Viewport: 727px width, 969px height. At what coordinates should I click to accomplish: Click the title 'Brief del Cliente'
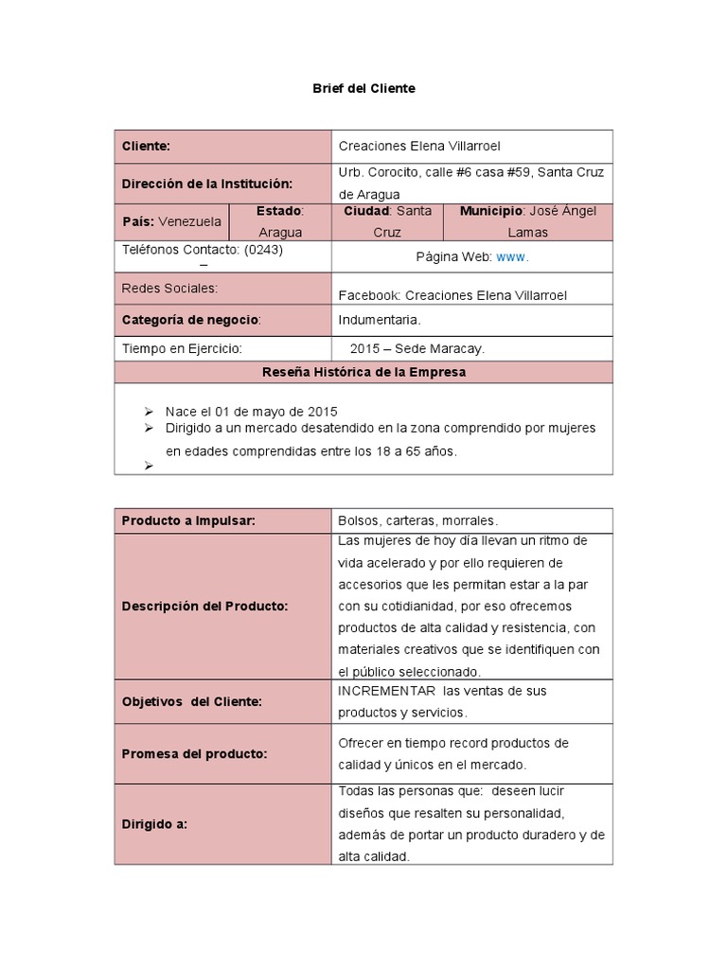[363, 88]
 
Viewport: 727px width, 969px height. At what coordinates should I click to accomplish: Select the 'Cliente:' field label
[147, 147]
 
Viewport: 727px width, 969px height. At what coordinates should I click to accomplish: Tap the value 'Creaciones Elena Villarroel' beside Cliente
[419, 147]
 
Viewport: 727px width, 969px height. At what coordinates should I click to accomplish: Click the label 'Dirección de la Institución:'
[207, 184]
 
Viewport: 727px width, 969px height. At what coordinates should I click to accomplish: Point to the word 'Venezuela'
[190, 221]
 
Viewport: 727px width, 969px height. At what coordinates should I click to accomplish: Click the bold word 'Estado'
[278, 211]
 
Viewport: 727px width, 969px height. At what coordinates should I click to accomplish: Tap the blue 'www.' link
[512, 256]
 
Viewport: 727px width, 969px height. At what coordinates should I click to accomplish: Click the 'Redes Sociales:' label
[170, 288]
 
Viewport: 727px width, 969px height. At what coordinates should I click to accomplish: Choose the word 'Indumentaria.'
[380, 320]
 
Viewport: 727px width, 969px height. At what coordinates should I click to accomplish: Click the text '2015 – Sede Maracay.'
[417, 348]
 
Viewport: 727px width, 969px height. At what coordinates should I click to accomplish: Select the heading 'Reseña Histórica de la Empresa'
[363, 372]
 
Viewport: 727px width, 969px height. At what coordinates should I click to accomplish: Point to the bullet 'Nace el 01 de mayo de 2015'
[251, 412]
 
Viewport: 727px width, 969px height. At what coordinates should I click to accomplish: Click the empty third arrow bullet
[149, 465]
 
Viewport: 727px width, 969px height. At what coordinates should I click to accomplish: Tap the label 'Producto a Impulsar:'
[189, 521]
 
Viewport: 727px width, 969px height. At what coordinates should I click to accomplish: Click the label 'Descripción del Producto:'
[205, 607]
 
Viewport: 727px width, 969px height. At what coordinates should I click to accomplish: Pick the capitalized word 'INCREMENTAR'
[387, 691]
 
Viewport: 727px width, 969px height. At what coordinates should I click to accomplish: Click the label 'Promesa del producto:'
[195, 754]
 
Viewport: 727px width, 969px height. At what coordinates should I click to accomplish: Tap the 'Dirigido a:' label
[155, 824]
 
